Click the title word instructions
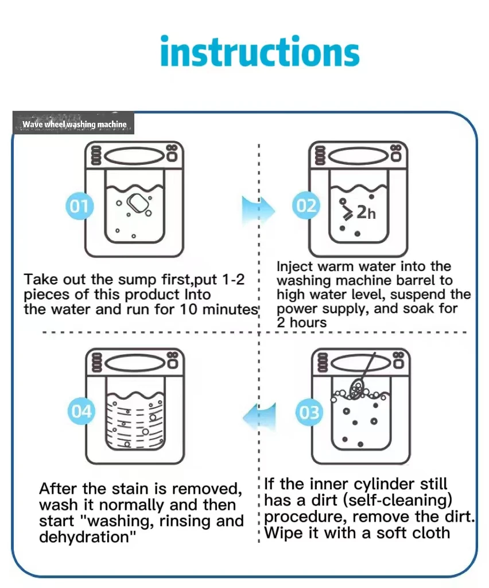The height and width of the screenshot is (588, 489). [260, 52]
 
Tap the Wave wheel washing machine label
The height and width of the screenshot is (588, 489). [74, 124]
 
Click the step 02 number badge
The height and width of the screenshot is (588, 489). [306, 206]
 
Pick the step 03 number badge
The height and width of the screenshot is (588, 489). [309, 412]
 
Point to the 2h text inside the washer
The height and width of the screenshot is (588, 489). [366, 212]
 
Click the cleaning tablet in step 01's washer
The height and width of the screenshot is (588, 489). [138, 202]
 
